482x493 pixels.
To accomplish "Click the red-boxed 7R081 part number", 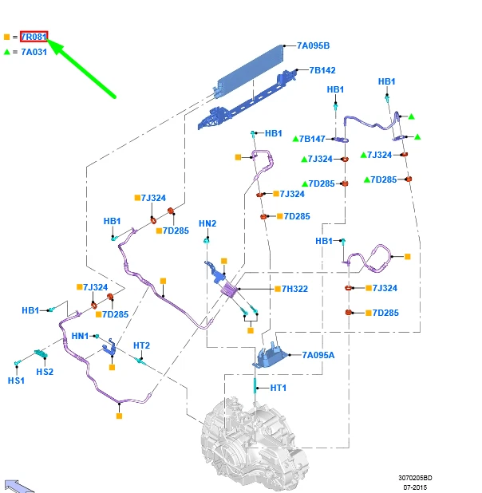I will point(34,37).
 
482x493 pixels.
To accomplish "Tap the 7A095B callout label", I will point(313,45).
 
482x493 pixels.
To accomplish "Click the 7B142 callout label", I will point(322,70).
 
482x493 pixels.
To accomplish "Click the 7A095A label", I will point(318,355).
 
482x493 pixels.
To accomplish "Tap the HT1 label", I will point(278,388).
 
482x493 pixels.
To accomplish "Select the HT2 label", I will point(141,345).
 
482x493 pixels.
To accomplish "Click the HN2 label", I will point(207,223).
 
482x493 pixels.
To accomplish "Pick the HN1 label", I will point(80,336).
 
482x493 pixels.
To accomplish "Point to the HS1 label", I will point(16,381).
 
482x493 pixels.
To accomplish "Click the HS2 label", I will point(45,372).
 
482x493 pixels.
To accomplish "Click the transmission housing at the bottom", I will point(254,447).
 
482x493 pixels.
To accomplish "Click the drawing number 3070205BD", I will point(415,478).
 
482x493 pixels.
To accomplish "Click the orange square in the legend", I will point(7,37).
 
